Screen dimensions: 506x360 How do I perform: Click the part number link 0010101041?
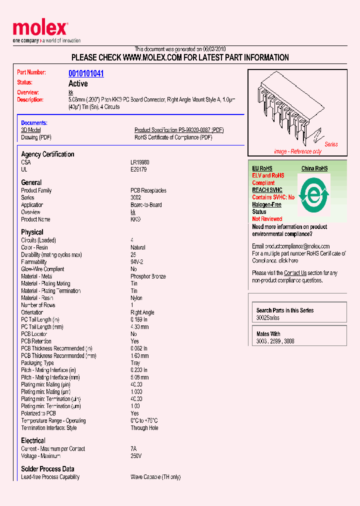86,73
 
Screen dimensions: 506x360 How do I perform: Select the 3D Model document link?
31,130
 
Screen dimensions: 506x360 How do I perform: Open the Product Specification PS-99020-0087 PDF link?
179,130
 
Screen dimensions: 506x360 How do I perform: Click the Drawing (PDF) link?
36,137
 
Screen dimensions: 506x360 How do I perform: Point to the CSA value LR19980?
140,162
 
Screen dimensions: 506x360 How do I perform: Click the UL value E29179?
138,169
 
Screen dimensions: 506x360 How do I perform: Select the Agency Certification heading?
47,154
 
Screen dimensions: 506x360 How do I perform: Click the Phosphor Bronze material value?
148,276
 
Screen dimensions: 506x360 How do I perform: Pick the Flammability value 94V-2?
137,262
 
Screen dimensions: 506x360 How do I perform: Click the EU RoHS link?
262,168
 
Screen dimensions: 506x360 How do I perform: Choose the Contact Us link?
295,273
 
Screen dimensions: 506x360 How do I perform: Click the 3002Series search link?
268,318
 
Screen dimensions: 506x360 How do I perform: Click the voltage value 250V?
136,456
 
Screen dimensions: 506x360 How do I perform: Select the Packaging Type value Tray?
135,363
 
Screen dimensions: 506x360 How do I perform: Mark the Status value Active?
78,83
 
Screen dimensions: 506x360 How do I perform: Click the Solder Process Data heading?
47,469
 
